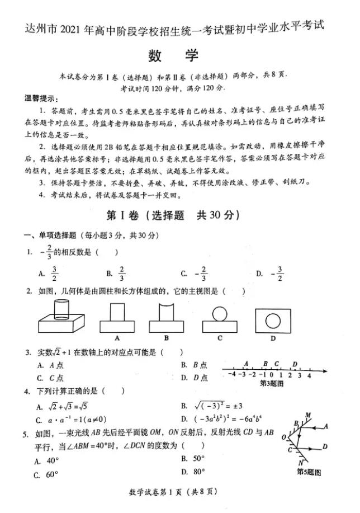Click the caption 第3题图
pyautogui.click(x=272, y=384)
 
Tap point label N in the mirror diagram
pyautogui.click(x=300, y=462)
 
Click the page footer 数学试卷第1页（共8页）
pyautogui.click(x=173, y=492)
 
